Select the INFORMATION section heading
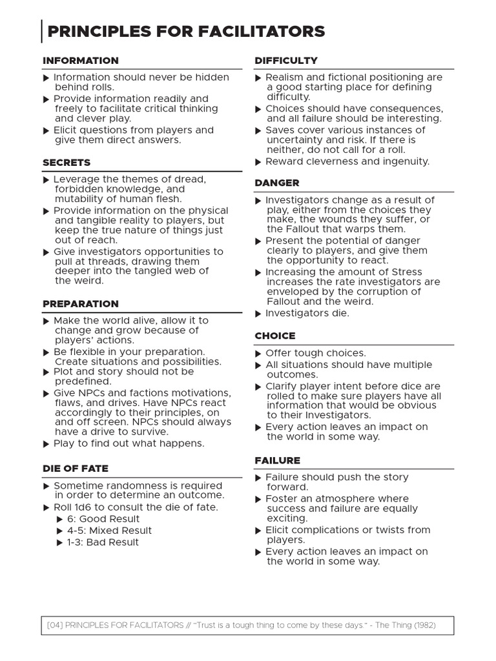click(81, 61)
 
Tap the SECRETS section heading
click(67, 163)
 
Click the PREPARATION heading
click(81, 304)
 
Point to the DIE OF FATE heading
click(76, 469)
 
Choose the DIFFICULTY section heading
click(286, 61)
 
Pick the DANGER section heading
click(277, 183)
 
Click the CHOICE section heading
click(275, 336)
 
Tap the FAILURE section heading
click(278, 461)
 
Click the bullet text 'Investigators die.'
click(307, 314)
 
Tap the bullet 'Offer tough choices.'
click(315, 353)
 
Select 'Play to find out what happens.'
click(129, 443)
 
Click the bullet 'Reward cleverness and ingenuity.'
click(347, 161)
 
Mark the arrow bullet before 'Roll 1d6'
click(46, 508)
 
